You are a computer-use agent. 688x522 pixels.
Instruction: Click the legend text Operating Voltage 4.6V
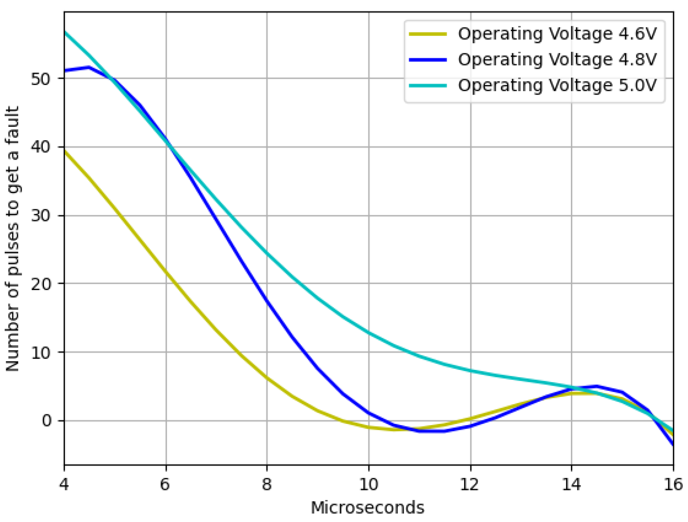coord(557,34)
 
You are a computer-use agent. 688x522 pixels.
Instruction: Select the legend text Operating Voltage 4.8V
coord(557,60)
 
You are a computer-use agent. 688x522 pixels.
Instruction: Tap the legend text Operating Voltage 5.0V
coord(557,85)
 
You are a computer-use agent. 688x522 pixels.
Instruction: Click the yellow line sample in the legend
coord(428,34)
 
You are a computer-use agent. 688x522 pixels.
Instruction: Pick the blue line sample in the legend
coord(428,60)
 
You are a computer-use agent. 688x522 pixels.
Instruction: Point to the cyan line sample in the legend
coord(428,85)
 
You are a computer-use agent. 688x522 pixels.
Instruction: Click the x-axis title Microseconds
coord(367,508)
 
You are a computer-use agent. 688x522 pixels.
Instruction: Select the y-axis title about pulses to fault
coord(12,239)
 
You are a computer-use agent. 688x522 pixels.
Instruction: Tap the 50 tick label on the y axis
coord(41,79)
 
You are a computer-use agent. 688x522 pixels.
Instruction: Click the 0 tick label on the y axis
coord(46,421)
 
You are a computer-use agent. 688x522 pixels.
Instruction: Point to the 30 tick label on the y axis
coord(41,215)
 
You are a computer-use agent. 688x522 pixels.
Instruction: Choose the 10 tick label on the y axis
coord(41,353)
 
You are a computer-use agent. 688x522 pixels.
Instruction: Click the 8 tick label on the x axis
coord(267,484)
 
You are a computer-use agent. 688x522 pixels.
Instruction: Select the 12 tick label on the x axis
coord(470,484)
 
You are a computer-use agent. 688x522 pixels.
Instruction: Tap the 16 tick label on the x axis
coord(673,484)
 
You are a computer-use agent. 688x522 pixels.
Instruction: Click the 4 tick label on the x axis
coord(64,484)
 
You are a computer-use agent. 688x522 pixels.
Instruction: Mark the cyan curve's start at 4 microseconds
coord(65,32)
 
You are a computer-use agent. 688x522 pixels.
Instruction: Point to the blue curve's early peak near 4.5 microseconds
coord(90,67)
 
